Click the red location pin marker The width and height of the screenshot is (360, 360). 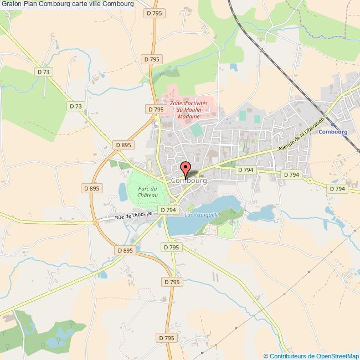click(186, 168)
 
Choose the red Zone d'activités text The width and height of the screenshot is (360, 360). click(189, 104)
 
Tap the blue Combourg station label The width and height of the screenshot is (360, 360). click(332, 132)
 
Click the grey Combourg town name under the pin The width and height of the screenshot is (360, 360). click(189, 181)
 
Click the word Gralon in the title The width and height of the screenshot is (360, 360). click(10, 4)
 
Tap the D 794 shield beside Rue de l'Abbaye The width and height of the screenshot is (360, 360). click(167, 210)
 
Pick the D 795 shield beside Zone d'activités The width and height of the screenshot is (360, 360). click(156, 110)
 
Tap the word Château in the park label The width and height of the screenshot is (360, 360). click(148, 195)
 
